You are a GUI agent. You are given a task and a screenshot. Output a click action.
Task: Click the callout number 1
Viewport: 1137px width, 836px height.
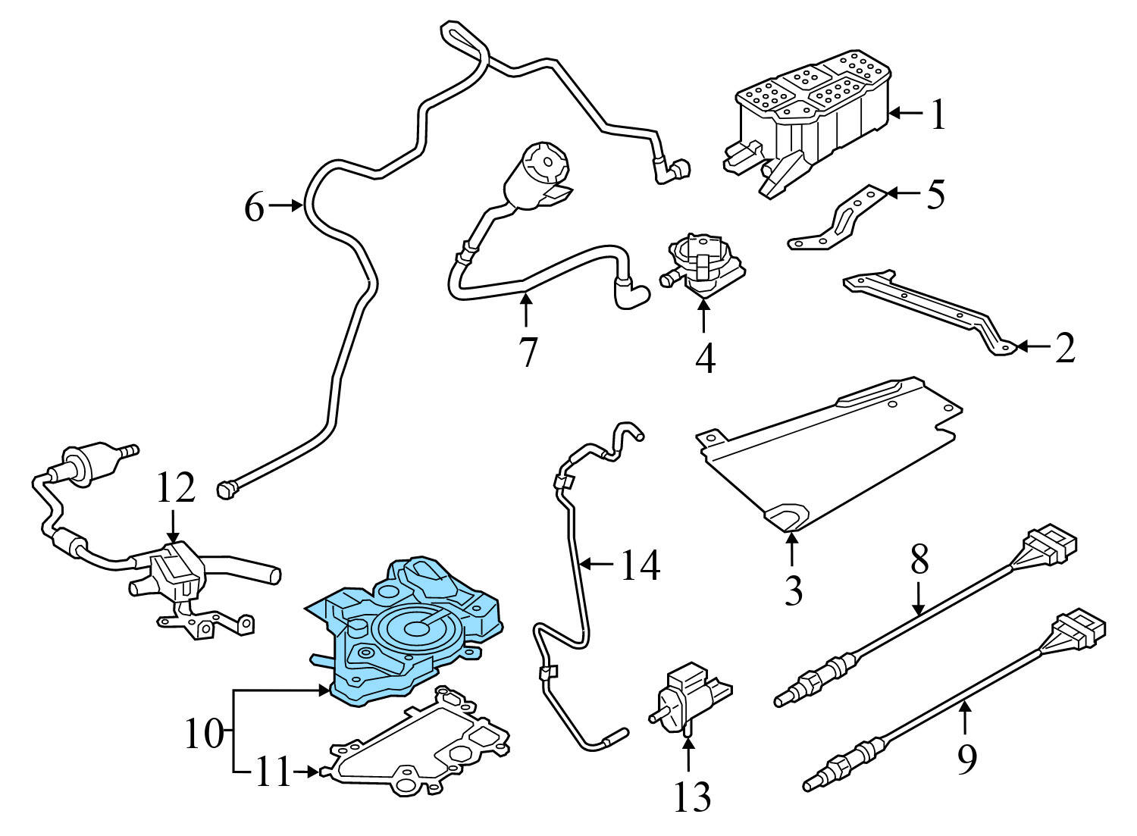pos(938,116)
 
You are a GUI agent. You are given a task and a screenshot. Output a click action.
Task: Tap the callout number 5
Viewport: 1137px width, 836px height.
pos(935,195)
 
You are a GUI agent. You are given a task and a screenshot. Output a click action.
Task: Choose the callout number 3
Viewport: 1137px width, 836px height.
pos(793,590)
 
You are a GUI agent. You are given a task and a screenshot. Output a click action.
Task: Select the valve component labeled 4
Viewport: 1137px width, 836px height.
pos(699,265)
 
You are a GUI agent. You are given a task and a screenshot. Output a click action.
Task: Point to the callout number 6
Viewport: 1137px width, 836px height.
pos(255,207)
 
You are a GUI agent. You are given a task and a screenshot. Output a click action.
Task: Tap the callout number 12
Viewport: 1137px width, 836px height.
pos(176,489)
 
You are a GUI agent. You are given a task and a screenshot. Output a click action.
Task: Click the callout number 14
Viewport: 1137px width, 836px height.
pos(640,565)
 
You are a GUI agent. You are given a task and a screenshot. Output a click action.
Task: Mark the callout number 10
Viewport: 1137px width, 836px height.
pos(203,734)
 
